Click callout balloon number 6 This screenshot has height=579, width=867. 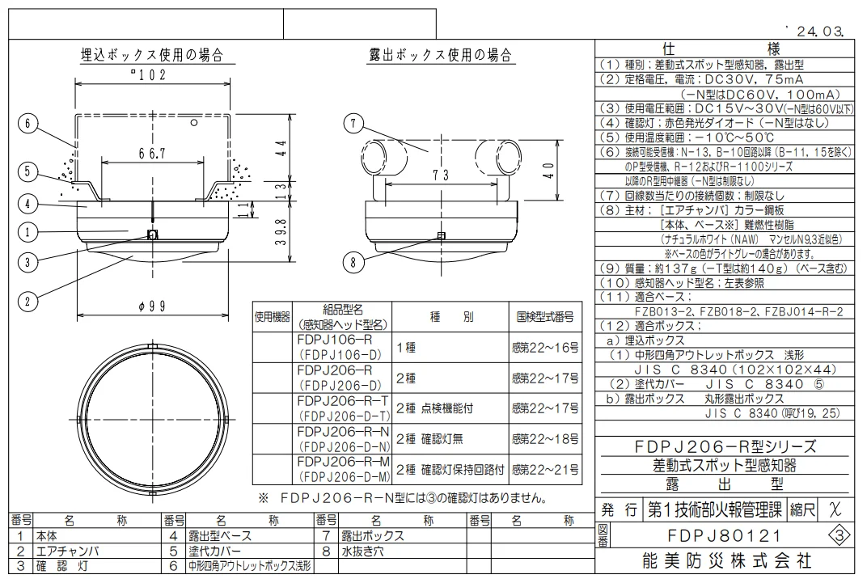click(27, 123)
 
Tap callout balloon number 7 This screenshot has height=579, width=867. click(353, 123)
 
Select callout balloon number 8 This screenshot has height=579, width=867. click(353, 261)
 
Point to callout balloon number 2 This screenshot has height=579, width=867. click(27, 302)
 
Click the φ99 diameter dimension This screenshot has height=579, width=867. click(152, 306)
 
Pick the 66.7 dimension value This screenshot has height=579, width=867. click(152, 153)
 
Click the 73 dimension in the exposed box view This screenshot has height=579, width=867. click(441, 175)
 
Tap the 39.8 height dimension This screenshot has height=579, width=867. click(281, 232)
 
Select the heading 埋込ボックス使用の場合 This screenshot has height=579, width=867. click(152, 55)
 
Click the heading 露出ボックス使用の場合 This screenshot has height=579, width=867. click(441, 55)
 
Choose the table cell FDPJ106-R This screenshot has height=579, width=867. click(335, 340)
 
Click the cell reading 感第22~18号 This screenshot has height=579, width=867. click(545, 439)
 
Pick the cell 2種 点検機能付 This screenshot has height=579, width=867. click(434, 408)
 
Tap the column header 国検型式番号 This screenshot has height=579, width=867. click(545, 317)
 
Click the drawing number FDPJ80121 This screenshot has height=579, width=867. click(725, 536)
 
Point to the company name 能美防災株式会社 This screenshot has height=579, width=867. click(726, 560)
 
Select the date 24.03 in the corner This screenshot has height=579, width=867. click(820, 31)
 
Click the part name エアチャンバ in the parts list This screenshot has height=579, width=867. click(67, 552)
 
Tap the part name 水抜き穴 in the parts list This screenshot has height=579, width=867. click(362, 552)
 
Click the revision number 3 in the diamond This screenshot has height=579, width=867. click(840, 536)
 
